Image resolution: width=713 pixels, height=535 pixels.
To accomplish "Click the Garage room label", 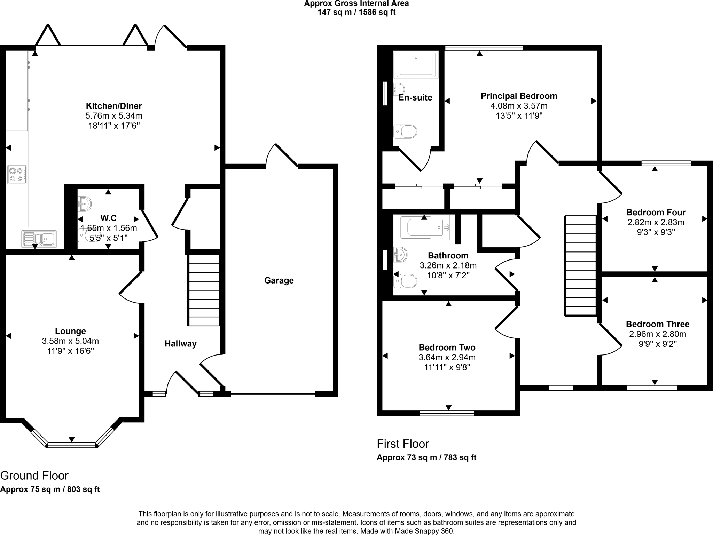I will tap(279, 280).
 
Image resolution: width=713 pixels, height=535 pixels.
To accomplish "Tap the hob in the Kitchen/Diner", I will tap(17, 175).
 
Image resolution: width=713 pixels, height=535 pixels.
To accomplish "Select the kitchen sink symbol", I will tap(39, 239).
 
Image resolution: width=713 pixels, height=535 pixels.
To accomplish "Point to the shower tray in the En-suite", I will tap(416, 64).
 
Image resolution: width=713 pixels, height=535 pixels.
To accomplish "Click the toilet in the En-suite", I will tap(406, 132).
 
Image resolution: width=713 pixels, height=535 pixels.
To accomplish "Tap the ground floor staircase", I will tap(204, 290).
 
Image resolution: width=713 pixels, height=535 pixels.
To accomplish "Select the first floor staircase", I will tap(580, 266).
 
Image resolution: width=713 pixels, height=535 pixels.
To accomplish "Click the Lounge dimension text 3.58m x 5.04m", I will tap(70, 341).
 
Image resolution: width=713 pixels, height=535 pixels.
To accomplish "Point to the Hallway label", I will tap(180, 344).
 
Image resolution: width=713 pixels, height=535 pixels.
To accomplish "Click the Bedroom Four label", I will tap(656, 212).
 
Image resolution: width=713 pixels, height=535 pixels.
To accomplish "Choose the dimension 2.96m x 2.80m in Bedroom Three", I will tap(657, 334).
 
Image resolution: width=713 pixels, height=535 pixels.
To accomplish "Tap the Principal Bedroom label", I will tap(519, 96).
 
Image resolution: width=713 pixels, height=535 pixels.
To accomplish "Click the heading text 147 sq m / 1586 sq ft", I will tap(356, 13).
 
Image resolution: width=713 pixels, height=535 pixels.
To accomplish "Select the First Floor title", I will tap(403, 444).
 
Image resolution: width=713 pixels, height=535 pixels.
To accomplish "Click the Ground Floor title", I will tap(34, 476).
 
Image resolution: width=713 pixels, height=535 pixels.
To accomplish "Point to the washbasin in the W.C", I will tap(84, 204).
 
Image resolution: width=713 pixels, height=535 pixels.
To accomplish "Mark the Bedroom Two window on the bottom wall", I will tap(447, 413).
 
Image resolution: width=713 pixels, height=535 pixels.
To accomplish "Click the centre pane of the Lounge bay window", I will tap(72, 445).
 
